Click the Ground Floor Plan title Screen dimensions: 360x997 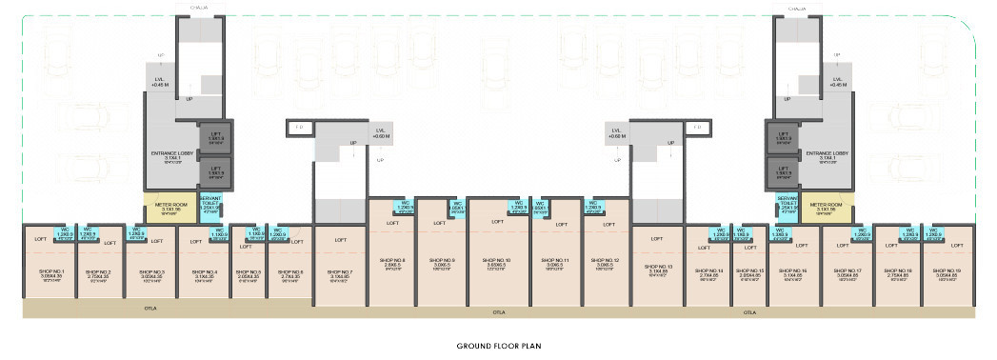498,347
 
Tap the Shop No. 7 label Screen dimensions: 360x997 338,272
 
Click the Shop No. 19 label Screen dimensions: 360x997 946,272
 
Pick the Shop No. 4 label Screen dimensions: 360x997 204,272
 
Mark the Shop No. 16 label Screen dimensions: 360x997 795,272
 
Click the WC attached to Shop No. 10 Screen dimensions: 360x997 519,208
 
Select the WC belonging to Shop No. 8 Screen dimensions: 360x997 404,208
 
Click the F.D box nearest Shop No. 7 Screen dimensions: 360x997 298,126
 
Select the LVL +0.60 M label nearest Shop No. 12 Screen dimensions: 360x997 617,133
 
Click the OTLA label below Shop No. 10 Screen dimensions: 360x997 498,311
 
